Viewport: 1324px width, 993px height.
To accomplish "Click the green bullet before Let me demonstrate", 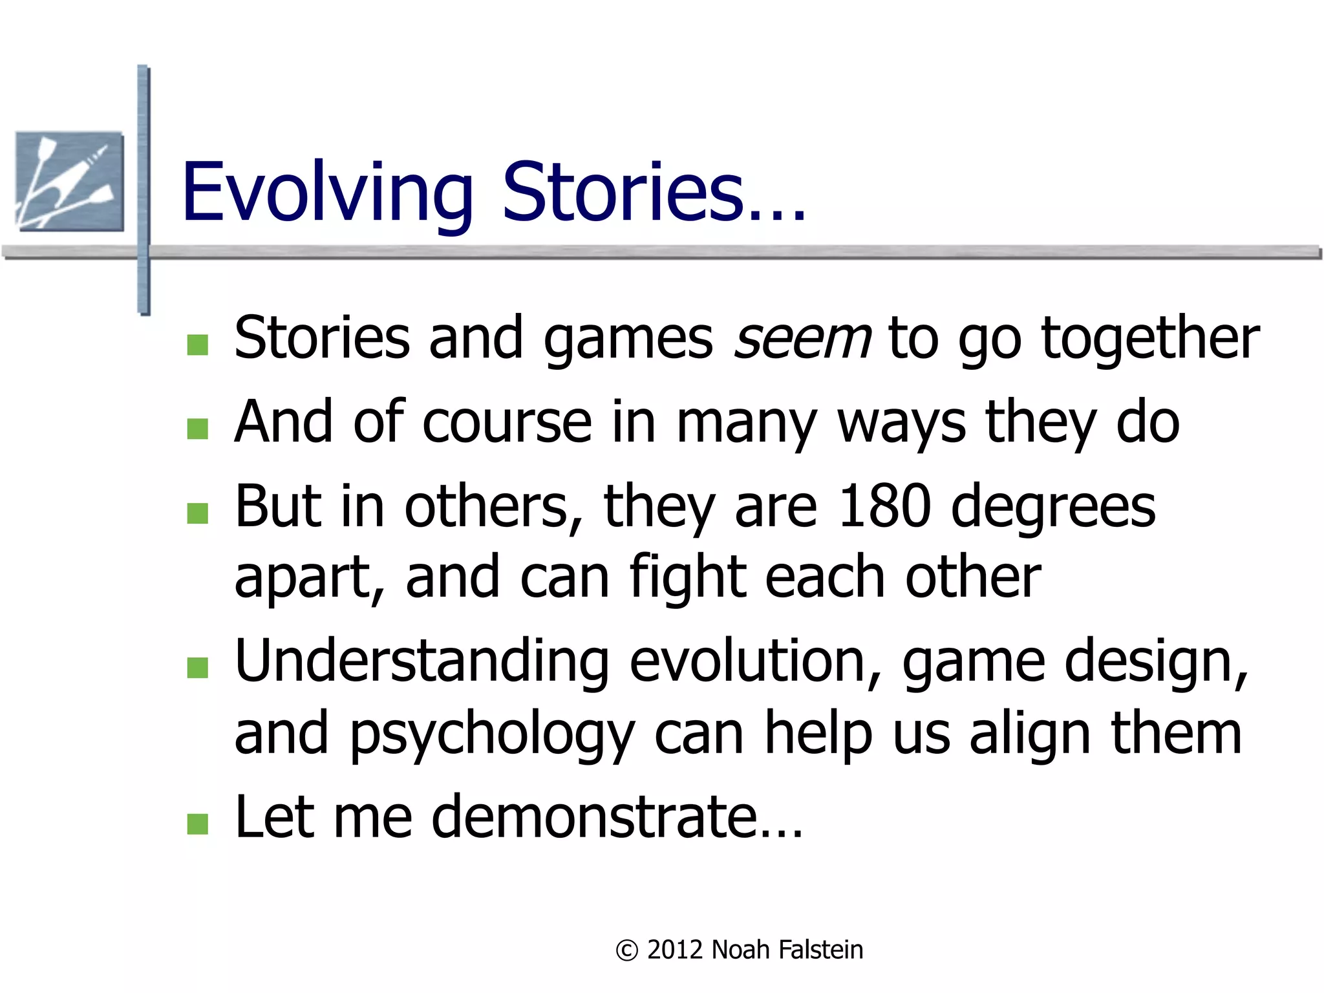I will [x=198, y=824].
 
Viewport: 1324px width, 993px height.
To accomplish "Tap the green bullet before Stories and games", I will [x=198, y=345].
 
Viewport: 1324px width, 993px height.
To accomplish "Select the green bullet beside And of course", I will [x=198, y=429].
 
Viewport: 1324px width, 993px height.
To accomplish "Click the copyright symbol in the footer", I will [x=626, y=950].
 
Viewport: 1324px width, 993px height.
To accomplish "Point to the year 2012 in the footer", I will [x=675, y=950].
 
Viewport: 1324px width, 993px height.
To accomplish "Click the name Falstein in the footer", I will [x=820, y=950].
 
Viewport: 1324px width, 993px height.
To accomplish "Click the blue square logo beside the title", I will [x=70, y=181].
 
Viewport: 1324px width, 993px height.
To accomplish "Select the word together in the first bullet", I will [x=1150, y=339].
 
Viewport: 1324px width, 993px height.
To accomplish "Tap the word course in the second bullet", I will [x=507, y=423].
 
